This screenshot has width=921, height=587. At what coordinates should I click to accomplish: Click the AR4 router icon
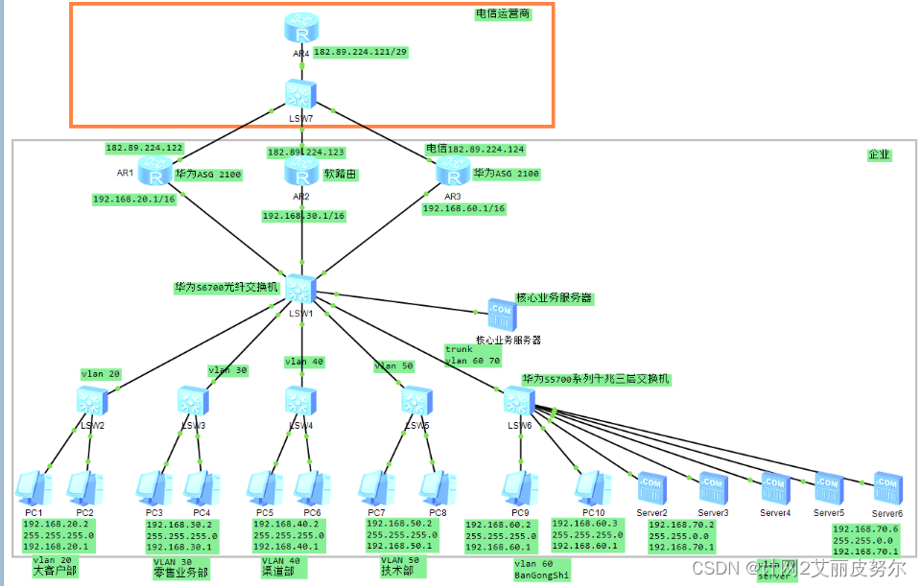tap(301, 29)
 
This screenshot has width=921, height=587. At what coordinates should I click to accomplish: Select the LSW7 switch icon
tap(301, 94)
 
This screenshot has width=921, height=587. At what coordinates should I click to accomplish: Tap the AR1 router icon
tap(154, 172)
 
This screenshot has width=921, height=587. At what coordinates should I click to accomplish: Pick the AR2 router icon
tap(301, 172)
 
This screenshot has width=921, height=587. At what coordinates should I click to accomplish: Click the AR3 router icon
tap(451, 172)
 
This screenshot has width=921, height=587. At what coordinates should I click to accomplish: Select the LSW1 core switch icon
tap(301, 289)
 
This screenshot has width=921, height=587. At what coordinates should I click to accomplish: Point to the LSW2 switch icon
tap(92, 400)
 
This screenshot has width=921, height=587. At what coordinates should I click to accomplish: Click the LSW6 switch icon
tap(519, 400)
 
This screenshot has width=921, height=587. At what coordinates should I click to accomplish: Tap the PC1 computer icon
tap(32, 487)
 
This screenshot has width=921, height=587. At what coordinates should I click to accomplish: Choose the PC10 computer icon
tap(592, 487)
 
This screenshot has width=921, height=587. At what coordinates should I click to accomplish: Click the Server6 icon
tap(886, 486)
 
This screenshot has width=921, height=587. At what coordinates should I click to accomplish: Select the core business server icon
tap(501, 312)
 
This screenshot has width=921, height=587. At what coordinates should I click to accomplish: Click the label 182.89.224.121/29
tap(362, 52)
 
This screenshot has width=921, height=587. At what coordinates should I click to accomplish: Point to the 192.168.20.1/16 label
tap(133, 200)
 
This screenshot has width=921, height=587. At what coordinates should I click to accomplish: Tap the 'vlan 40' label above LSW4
tap(303, 362)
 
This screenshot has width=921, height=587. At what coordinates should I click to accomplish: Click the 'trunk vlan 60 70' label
tap(473, 355)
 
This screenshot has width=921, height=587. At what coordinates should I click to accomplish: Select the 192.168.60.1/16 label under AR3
tap(464, 208)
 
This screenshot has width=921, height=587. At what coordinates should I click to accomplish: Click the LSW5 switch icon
tap(415, 400)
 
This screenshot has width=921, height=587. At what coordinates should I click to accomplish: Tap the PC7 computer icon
tap(375, 487)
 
